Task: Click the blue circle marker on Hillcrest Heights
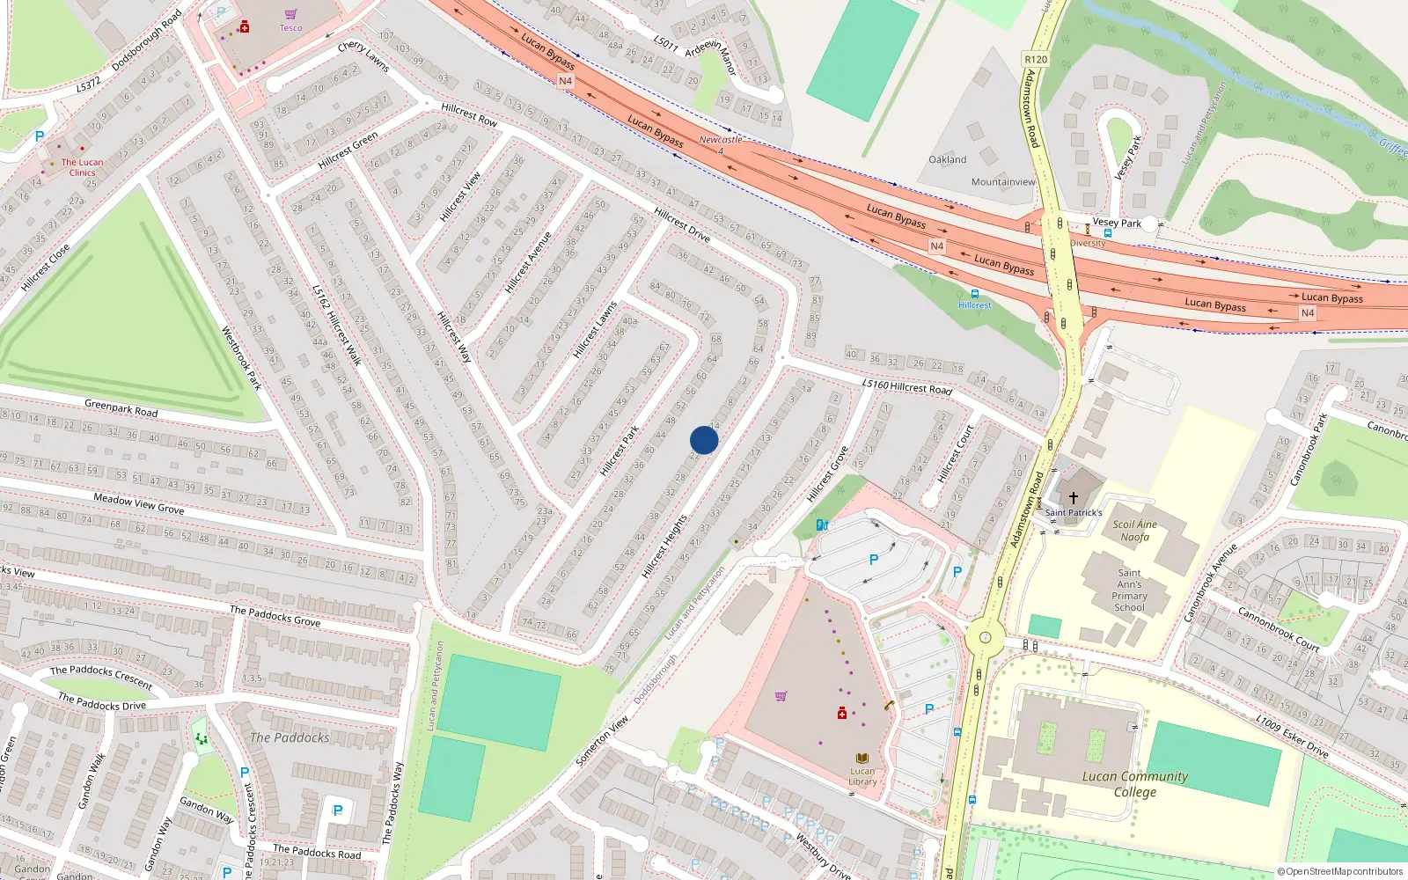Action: (704, 440)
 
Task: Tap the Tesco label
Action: (290, 28)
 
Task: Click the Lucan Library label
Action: (862, 776)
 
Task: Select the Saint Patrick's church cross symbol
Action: (1073, 498)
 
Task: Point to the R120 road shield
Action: (1036, 60)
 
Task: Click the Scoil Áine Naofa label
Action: (1134, 531)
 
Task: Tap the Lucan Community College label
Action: (1135, 784)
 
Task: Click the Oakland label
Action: (947, 160)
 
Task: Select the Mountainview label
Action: (1003, 182)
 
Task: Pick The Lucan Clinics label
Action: (82, 167)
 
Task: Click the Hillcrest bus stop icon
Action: (974, 294)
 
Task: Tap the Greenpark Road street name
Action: (121, 408)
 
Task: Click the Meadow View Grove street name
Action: (139, 503)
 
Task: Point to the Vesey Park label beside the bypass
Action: (1117, 224)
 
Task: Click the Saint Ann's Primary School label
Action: (1129, 590)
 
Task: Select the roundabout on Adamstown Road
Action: (985, 638)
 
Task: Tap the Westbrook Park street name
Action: (241, 358)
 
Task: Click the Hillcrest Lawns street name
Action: (595, 331)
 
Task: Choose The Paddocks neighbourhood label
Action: (290, 737)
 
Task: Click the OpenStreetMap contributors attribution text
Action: (1344, 872)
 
